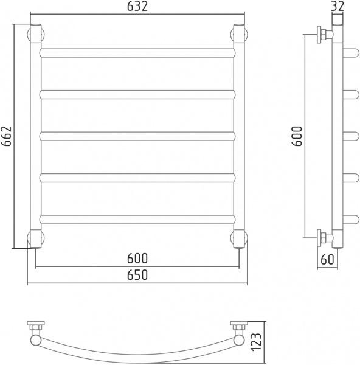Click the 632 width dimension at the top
pyautogui.click(x=137, y=6)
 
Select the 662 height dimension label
pyautogui.click(x=6, y=136)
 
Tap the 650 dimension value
pyautogui.click(x=137, y=275)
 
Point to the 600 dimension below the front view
pyautogui.click(x=137, y=258)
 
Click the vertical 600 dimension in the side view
pyautogui.click(x=297, y=136)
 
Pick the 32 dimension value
pyautogui.click(x=337, y=6)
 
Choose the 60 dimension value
pyautogui.click(x=327, y=259)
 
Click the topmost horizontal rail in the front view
pyautogui.click(x=137, y=53)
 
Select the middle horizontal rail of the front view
pyautogui.click(x=137, y=136)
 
